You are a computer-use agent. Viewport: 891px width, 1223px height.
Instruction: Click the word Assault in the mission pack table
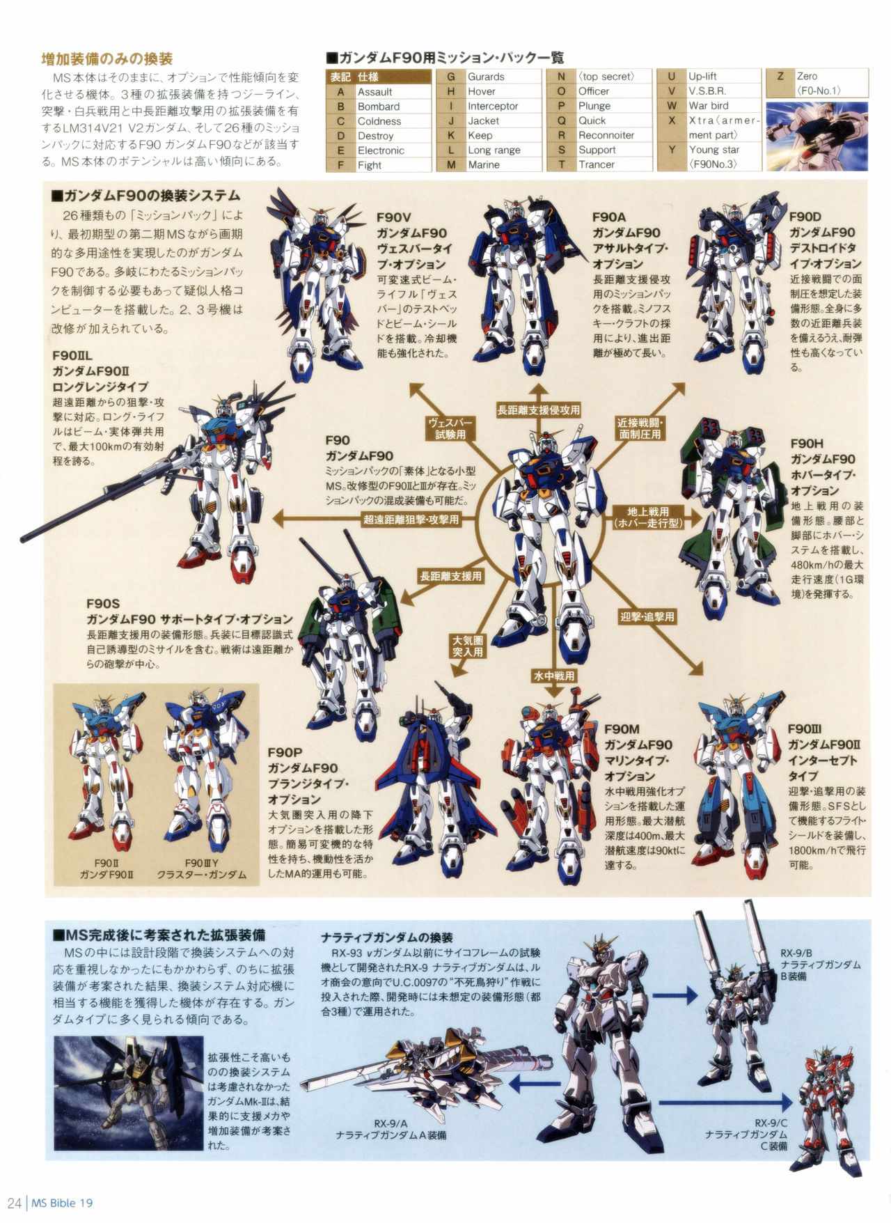374,92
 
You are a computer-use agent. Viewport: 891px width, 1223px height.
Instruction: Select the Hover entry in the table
481,91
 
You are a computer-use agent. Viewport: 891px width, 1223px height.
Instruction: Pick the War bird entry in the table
708,106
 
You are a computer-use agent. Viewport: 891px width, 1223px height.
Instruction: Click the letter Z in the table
780,76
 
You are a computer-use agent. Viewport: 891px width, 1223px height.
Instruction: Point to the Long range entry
494,150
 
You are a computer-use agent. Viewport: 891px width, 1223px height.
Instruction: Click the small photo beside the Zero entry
817,136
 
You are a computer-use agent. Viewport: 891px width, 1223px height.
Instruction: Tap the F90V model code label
393,217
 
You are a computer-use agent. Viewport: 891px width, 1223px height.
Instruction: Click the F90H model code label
807,444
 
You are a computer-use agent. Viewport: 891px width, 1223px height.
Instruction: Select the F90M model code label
622,729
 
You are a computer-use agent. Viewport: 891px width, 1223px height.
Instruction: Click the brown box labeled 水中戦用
553,676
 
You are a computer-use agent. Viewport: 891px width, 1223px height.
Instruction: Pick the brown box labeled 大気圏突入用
468,646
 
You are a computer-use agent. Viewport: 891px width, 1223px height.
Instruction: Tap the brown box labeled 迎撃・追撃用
647,616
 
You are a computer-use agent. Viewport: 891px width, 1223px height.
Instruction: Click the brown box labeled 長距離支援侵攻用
538,410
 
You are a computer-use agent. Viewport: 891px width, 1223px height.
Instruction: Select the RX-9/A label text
391,1123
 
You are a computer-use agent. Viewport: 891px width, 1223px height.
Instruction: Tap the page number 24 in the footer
14,1203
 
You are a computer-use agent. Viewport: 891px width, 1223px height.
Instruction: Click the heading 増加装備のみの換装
107,59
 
